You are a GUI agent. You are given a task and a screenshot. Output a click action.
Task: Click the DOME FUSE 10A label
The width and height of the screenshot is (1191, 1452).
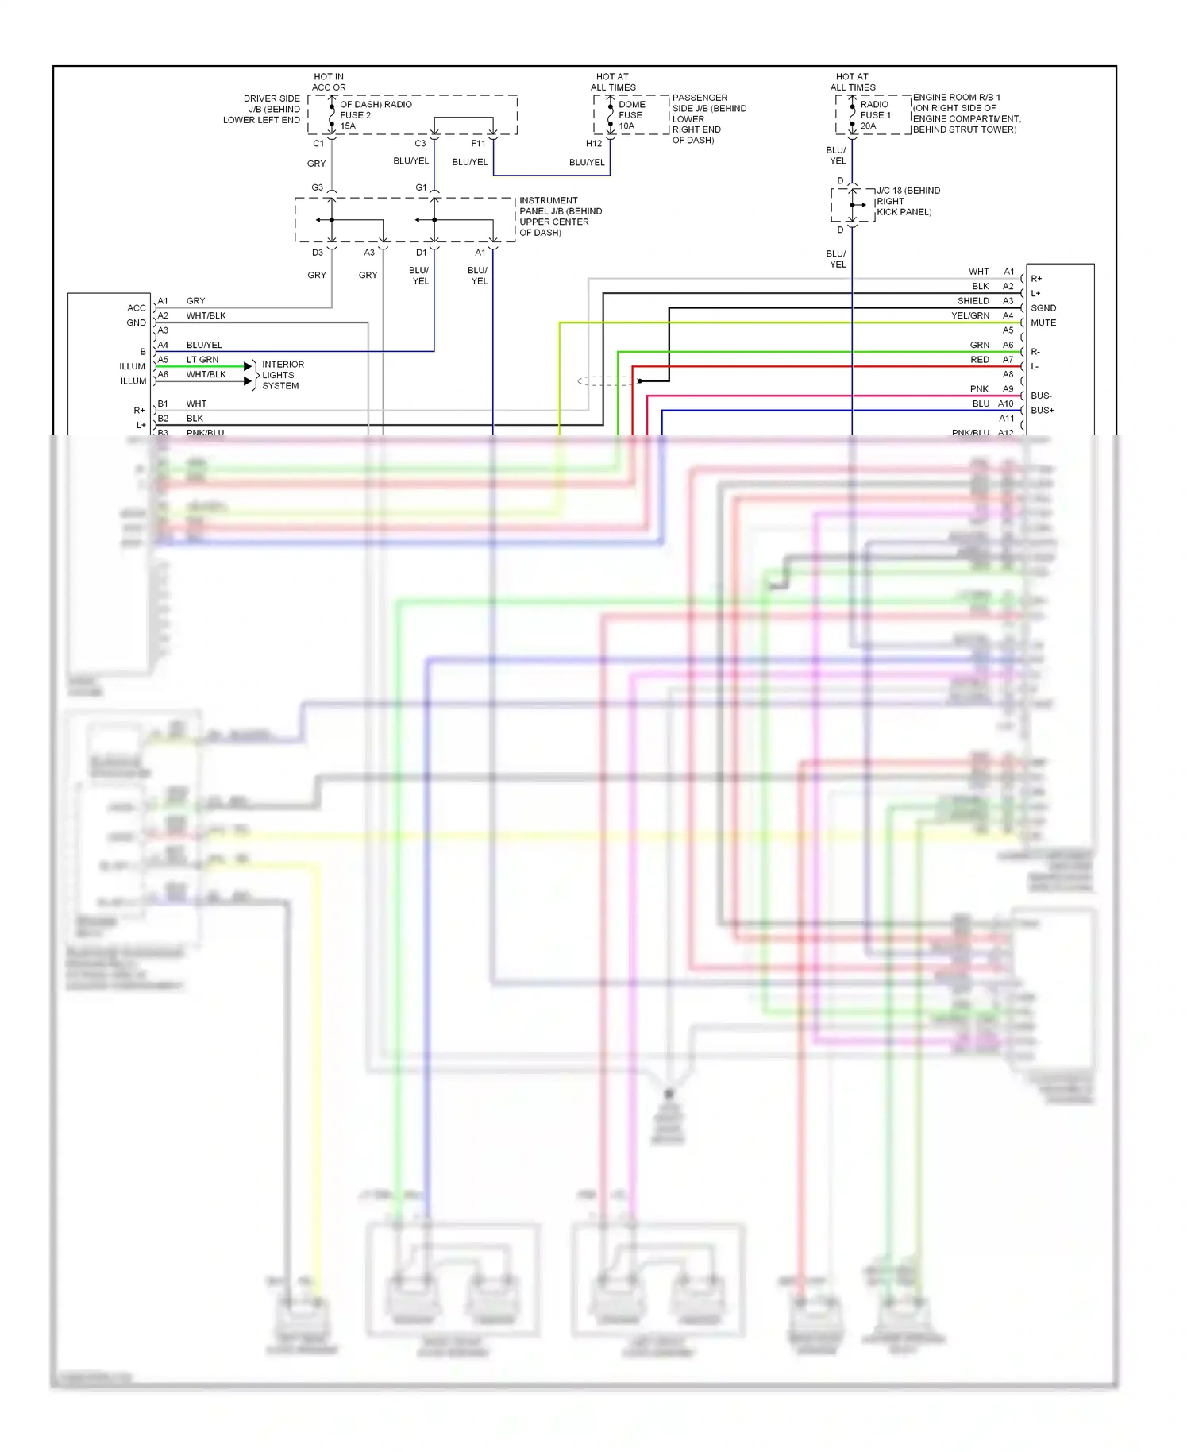click(631, 115)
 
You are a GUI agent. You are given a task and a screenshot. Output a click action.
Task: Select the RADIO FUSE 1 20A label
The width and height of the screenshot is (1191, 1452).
click(875, 115)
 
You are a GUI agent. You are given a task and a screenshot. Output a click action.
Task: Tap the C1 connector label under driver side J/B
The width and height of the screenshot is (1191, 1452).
click(318, 144)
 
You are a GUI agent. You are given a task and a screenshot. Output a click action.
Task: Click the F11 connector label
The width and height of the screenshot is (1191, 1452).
click(478, 144)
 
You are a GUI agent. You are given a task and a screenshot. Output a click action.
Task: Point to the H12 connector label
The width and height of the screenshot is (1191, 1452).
click(594, 144)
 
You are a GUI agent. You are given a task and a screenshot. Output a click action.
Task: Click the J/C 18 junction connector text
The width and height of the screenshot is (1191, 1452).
click(908, 201)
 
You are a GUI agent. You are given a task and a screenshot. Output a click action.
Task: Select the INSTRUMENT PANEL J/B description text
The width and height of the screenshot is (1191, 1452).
click(560, 217)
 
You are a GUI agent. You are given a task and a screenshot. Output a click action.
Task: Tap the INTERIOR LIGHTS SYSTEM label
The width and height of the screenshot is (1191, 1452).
click(283, 375)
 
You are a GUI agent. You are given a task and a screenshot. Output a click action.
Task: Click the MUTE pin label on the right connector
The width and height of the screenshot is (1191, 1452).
click(1043, 323)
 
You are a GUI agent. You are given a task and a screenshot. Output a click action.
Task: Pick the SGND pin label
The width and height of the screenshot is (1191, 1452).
click(1043, 308)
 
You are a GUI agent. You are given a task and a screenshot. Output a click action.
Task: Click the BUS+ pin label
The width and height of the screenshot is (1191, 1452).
click(1042, 411)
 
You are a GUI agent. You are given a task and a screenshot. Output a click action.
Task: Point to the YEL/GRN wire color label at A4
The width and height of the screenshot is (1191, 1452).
click(970, 316)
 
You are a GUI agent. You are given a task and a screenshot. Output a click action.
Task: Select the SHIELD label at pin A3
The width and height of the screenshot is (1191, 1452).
click(973, 301)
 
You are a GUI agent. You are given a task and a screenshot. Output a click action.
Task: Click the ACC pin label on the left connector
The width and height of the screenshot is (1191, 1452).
click(137, 308)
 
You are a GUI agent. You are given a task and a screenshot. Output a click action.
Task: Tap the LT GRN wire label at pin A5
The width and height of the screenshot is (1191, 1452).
click(202, 360)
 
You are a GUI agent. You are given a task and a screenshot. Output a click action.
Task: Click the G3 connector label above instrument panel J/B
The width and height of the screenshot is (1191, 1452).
click(317, 188)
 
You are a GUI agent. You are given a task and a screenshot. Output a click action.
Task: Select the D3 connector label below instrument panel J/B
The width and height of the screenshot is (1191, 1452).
click(317, 253)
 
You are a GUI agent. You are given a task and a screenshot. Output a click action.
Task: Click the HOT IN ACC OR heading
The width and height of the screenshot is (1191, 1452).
click(329, 83)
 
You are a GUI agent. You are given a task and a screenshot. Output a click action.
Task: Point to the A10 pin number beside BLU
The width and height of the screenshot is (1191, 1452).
click(1005, 404)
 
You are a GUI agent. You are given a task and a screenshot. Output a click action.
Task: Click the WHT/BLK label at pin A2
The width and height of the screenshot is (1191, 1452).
click(206, 316)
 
